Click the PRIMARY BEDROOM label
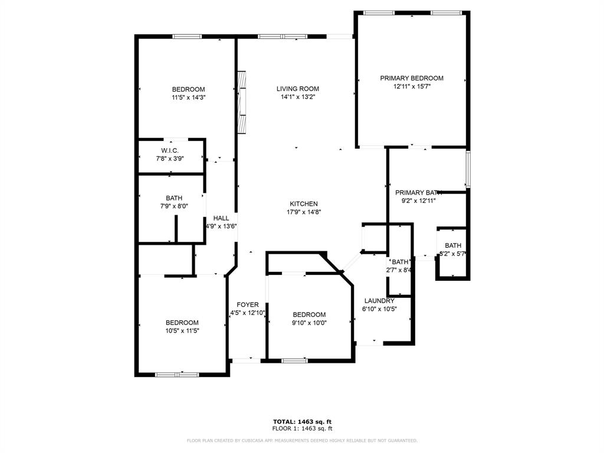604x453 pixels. coord(411,78)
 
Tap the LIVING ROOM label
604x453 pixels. coord(297,89)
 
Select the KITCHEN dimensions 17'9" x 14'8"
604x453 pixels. coord(303,212)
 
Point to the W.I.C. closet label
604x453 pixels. coord(170,150)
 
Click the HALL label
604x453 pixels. coord(221,218)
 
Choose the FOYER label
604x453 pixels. coord(248,304)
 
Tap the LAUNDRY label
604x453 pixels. coord(379,301)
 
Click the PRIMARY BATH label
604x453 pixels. coord(418,192)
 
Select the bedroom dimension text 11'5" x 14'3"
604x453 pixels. coord(188,97)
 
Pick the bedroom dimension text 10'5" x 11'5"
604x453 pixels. coord(182,331)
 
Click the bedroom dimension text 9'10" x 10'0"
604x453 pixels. coord(309,323)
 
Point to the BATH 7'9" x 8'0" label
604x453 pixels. coord(174,198)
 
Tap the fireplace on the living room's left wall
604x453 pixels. coord(241,103)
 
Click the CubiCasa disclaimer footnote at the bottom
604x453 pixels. coord(302,441)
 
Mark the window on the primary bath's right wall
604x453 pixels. coord(468,169)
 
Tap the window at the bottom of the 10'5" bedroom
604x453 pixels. coord(177,374)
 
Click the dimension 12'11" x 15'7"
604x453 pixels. coord(411,86)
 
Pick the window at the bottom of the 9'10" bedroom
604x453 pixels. coord(293,360)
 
